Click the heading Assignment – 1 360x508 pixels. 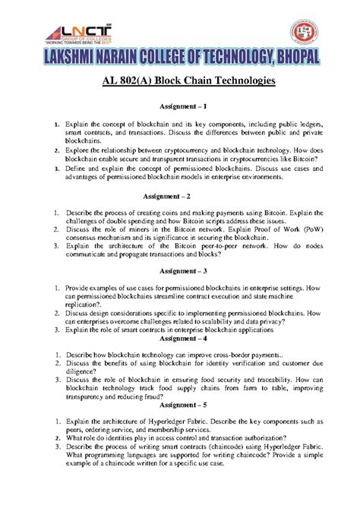click(x=179, y=107)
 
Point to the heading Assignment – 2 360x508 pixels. click(x=179, y=197)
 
